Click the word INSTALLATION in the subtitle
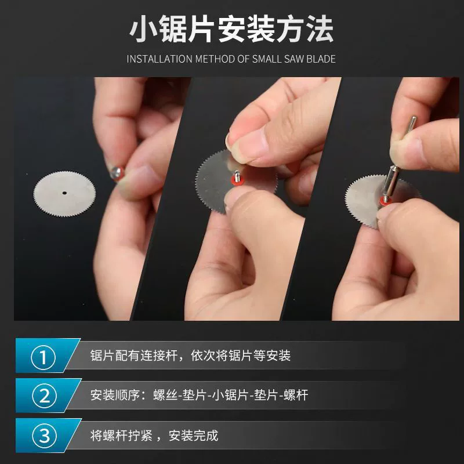click(159, 59)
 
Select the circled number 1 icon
click(43, 357)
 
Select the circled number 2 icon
click(45, 396)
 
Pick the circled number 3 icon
click(45, 436)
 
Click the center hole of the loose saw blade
click(64, 193)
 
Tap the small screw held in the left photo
click(117, 173)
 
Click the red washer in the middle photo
click(237, 182)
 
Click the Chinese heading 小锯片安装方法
click(231, 30)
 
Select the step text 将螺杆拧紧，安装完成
click(154, 436)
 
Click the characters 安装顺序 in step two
click(115, 396)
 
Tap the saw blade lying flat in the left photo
click(64, 194)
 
